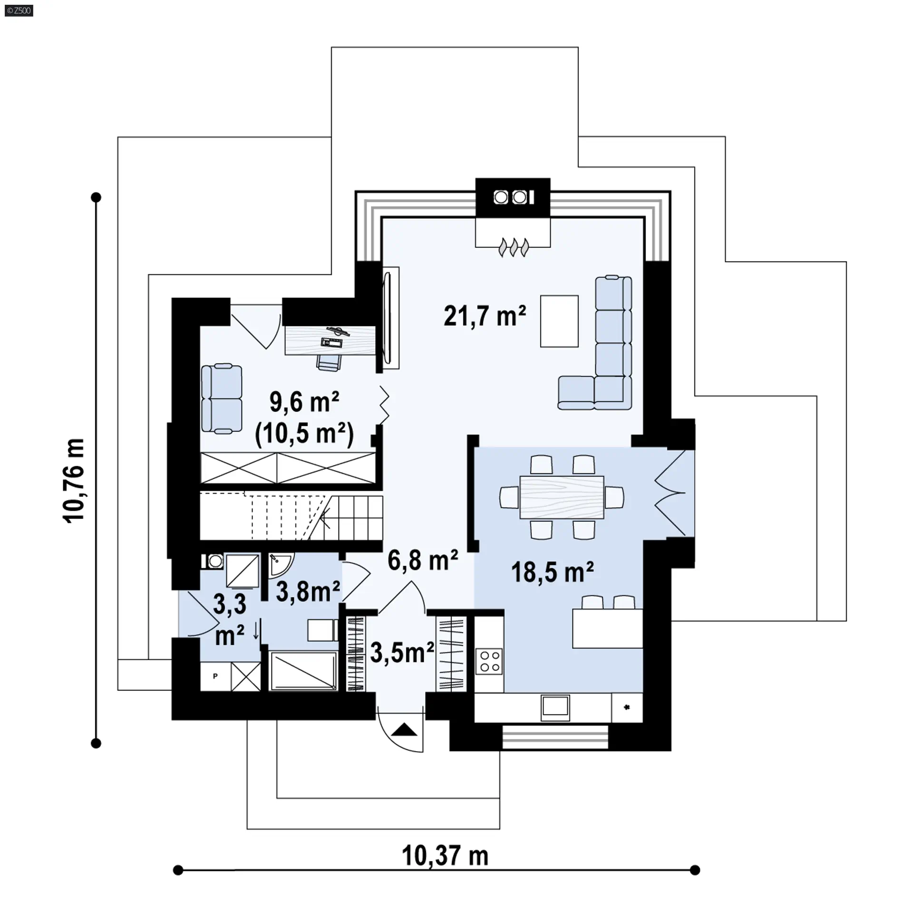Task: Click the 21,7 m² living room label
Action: (485, 316)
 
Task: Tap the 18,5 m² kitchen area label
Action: (553, 572)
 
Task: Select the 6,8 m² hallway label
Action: (423, 560)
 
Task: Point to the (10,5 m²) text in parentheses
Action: (304, 434)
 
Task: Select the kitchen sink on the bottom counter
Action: (555, 708)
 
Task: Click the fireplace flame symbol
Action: (514, 248)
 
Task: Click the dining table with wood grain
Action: (562, 497)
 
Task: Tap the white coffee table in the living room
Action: (559, 321)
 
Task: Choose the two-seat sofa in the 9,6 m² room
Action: (221, 398)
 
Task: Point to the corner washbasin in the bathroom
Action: (281, 564)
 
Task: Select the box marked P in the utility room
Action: (215, 676)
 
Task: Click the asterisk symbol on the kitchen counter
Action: (627, 708)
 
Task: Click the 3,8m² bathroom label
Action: (308, 592)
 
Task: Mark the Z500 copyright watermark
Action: (19, 10)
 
